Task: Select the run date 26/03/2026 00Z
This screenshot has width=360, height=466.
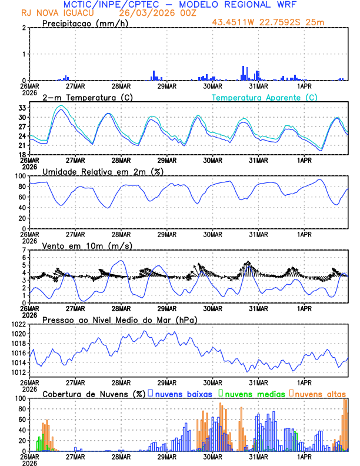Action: [156, 13]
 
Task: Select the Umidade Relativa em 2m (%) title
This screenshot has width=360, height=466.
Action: [102, 171]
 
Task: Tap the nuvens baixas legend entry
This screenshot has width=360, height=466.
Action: [183, 393]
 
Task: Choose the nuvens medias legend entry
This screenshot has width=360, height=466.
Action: [252, 393]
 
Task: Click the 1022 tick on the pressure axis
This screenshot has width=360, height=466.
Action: [18, 324]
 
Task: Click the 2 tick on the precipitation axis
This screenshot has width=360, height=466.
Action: [24, 28]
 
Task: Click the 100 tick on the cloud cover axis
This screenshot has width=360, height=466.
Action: [19, 398]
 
